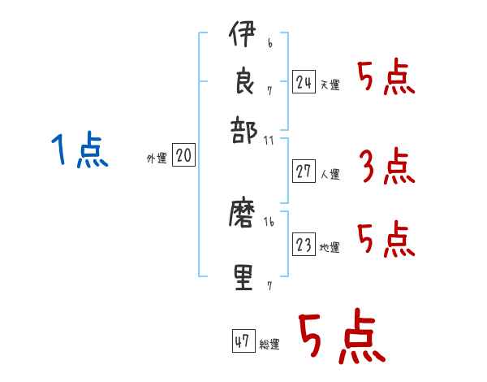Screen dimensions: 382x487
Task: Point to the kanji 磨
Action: [242, 216]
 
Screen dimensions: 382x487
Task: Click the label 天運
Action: [330, 85]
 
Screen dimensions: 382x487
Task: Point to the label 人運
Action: [330, 174]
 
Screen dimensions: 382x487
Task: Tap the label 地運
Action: [330, 247]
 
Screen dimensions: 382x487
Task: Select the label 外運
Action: [157, 158]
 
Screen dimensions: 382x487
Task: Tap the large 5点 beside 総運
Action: [341, 337]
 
